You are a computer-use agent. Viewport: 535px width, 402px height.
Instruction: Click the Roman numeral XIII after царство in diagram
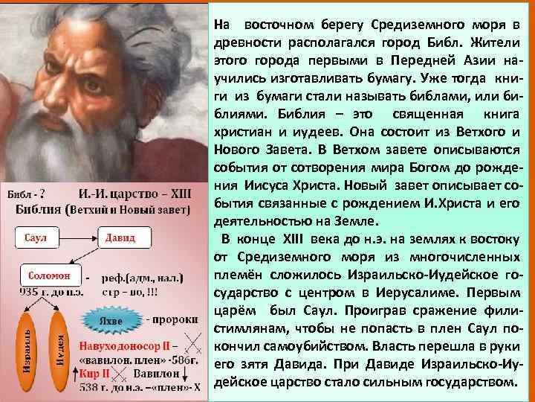(x=178, y=194)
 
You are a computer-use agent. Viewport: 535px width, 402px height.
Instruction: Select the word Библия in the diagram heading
(x=39, y=210)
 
